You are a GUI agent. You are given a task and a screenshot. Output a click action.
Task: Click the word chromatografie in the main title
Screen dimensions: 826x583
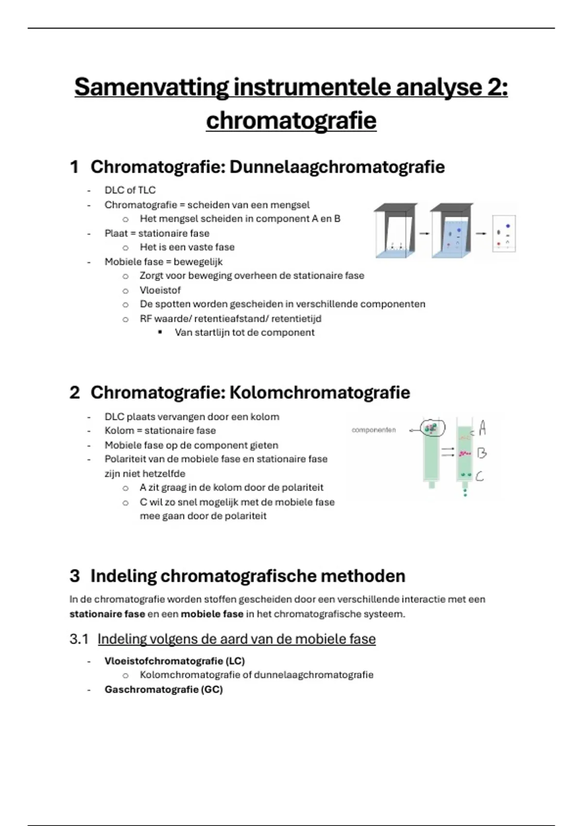pos(291,121)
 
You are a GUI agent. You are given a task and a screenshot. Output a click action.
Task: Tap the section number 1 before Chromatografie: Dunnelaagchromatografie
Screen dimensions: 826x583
pos(74,167)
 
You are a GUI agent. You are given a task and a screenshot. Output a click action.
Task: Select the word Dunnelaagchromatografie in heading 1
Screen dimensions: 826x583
pos(337,167)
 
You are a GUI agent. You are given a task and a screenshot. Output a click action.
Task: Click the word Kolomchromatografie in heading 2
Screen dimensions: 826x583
pos(319,393)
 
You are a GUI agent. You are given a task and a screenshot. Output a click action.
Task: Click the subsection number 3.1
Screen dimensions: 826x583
pos(79,639)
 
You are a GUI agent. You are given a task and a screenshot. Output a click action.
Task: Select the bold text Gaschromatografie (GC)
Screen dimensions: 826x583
pos(163,689)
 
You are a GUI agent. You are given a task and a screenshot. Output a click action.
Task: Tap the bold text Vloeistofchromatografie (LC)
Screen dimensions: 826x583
pos(174,661)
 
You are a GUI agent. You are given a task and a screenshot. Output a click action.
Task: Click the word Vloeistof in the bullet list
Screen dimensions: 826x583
pos(160,290)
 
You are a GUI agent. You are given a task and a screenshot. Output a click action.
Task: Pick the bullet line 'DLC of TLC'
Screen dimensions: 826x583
pos(130,190)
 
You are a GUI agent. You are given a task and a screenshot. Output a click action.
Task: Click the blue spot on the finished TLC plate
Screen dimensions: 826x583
pos(508,226)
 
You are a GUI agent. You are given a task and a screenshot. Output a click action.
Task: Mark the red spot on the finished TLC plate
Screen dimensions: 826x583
pos(499,243)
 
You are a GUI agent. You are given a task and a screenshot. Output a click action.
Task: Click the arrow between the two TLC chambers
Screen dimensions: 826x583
pos(424,234)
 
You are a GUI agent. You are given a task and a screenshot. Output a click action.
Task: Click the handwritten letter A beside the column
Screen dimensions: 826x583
pos(482,428)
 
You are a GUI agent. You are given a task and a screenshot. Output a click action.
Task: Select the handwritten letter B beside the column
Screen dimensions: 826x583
pos(481,453)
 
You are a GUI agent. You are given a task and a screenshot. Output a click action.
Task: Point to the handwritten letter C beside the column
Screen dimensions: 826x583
pos(480,476)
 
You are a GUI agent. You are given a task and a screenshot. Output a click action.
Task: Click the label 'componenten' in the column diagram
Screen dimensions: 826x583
pos(374,430)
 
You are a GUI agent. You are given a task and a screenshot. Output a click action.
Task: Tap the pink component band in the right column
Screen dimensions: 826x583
pos(464,454)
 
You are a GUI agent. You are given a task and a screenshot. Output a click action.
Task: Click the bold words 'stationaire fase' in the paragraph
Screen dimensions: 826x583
pos(107,614)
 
